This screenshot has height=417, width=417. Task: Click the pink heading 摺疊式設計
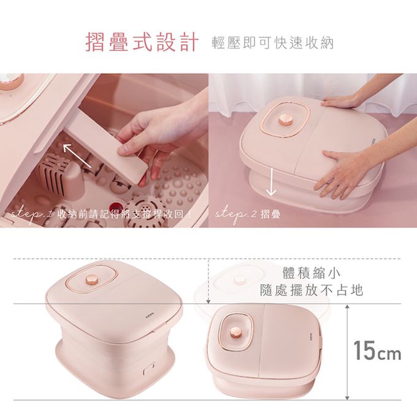[x=142, y=42]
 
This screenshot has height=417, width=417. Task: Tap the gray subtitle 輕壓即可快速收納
[x=273, y=43]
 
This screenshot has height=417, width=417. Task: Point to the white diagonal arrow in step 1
[x=77, y=156]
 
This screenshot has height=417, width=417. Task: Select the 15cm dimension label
[x=377, y=351]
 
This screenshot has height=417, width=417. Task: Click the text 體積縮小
[x=311, y=274]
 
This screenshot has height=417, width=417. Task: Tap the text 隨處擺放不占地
[x=311, y=290]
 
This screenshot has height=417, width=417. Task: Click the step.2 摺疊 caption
[x=248, y=214]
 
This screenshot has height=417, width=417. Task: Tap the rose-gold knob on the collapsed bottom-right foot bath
[x=235, y=332]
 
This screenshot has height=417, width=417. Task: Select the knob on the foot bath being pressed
[x=286, y=120]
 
